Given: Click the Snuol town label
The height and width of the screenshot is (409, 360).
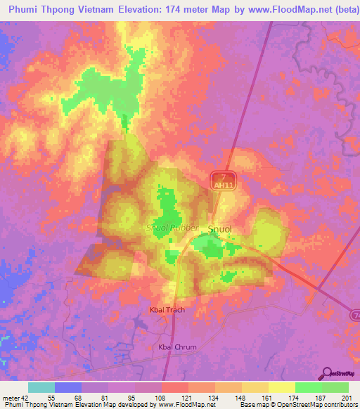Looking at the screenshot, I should (220, 229).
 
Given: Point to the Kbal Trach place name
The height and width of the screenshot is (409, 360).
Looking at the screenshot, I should (167, 309).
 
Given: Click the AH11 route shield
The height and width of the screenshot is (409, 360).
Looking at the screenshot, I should (223, 183).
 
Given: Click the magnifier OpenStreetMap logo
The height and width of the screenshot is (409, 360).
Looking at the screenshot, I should (327, 372).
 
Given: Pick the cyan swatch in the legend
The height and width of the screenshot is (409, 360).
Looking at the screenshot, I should (41, 387).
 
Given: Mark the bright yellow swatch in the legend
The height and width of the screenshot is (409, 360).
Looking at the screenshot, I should (282, 387).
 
